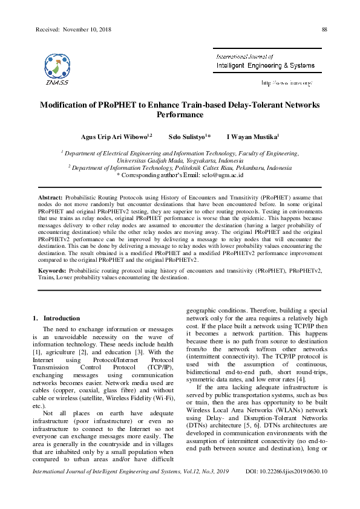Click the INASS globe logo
click(57, 66)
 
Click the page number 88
click(324, 30)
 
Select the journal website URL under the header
click(286, 82)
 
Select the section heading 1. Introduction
click(56, 318)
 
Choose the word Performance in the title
click(180, 114)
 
